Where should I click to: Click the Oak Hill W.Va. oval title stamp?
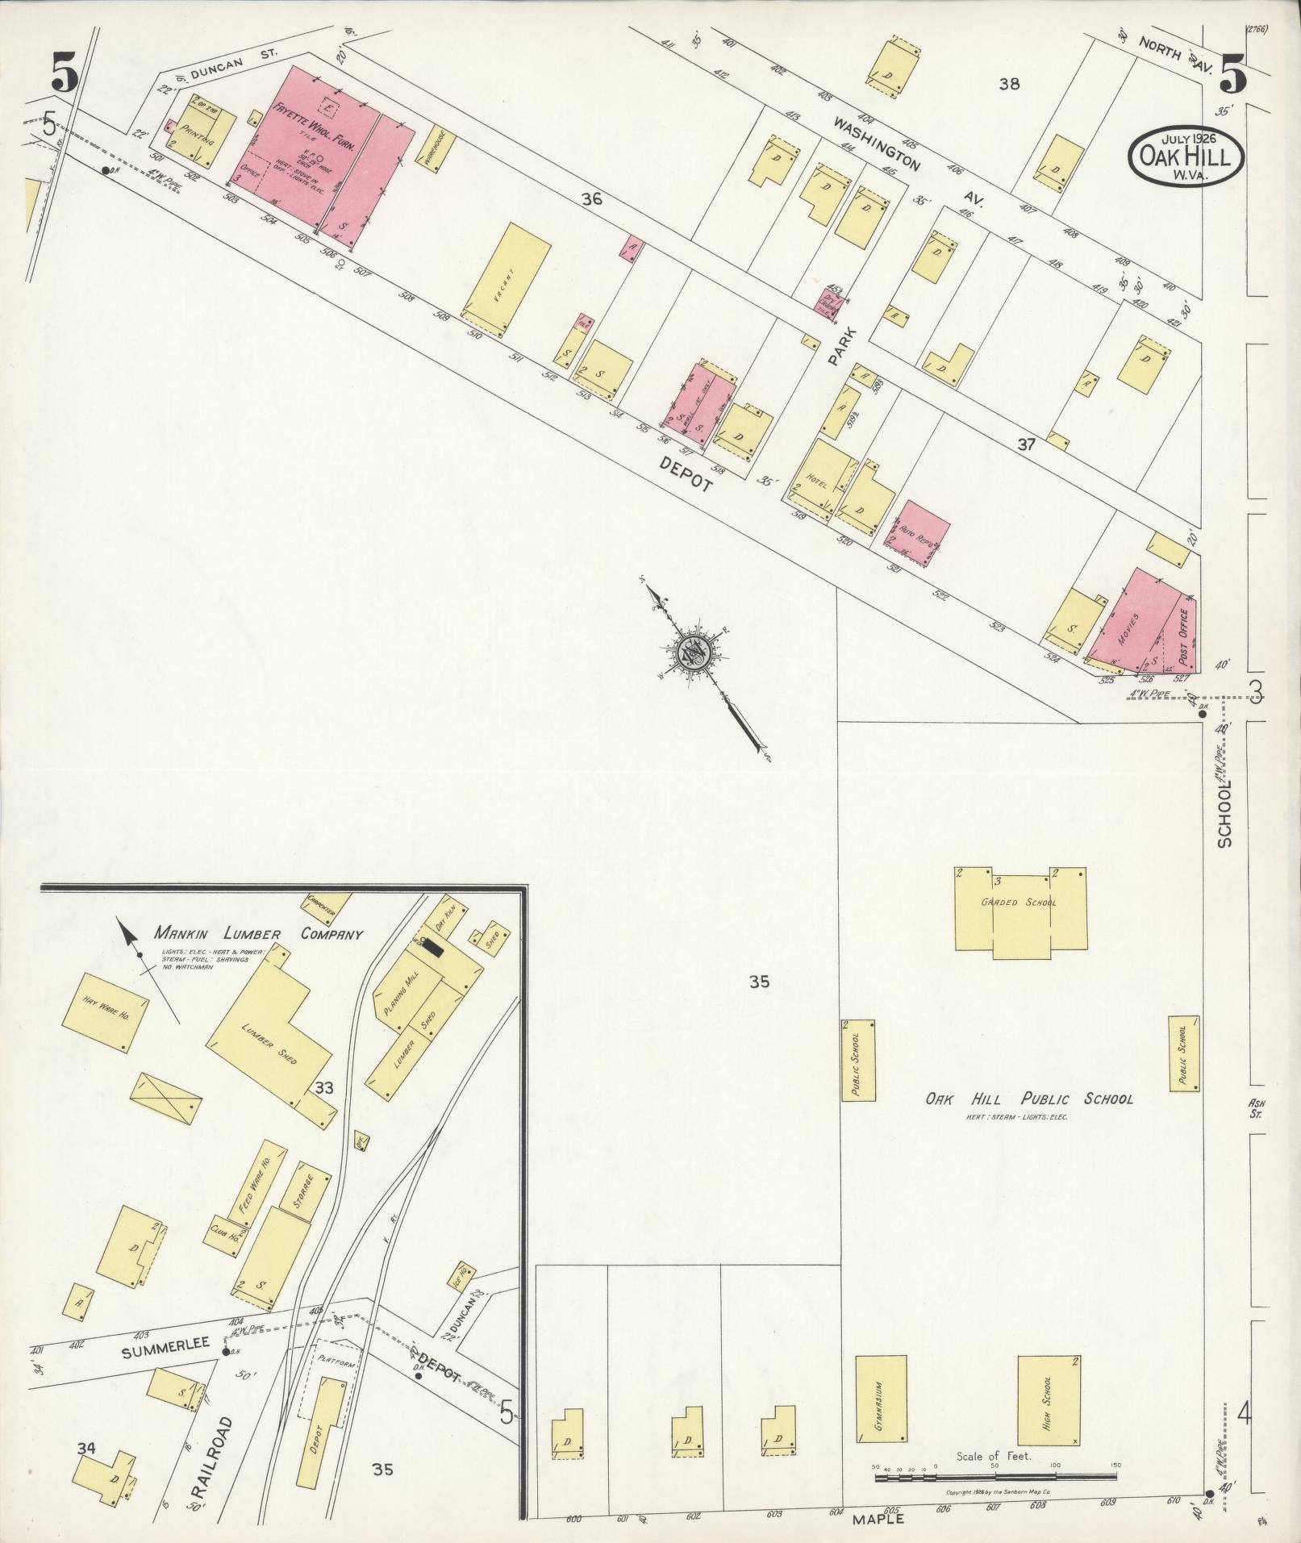click(x=1185, y=155)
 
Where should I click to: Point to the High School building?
click(x=1049, y=836)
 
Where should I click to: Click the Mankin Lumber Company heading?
click(x=259, y=934)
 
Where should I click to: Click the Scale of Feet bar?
click(x=995, y=1478)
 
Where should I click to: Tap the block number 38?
click(x=1009, y=83)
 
